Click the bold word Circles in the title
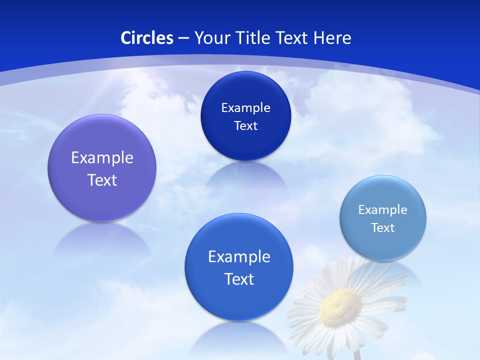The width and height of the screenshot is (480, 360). (147, 38)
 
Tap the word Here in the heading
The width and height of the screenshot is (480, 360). (332, 38)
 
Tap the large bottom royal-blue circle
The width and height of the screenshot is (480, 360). (239, 300)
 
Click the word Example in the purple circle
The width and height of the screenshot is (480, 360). (102, 157)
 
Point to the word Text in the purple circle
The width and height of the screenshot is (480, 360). (102, 180)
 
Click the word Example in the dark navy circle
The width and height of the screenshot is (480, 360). (245, 107)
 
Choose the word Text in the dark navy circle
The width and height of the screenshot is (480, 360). (245, 125)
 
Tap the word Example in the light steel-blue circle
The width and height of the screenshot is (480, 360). (383, 209)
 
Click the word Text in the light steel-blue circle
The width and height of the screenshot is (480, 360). (383, 227)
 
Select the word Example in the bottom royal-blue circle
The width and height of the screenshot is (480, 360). (239, 256)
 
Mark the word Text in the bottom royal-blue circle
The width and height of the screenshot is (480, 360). (239, 279)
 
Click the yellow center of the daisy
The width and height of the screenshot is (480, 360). (340, 305)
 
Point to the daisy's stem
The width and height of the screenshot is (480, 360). (356, 354)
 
